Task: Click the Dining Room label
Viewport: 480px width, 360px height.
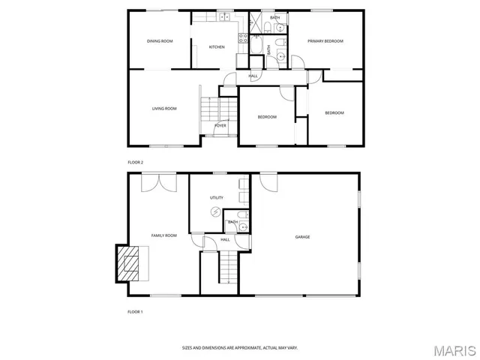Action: point(160,41)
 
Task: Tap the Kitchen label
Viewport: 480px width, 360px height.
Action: point(217,47)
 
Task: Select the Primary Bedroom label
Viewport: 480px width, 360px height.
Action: point(325,41)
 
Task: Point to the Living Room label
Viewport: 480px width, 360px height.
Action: point(164,109)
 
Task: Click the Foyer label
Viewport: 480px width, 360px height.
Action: point(220,125)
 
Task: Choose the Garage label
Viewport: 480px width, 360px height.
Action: point(302,237)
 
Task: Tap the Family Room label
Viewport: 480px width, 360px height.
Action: point(163,235)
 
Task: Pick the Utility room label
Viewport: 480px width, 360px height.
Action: point(217,197)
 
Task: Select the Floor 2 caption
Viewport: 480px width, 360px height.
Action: point(135,162)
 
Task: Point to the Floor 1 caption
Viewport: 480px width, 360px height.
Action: point(135,310)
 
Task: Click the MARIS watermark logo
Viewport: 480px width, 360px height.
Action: point(454,350)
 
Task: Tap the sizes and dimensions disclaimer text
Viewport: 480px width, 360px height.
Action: point(240,347)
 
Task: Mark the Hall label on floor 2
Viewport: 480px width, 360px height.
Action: point(253,76)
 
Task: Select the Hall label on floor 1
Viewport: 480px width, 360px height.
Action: point(224,239)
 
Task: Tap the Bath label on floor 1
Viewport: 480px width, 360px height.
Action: point(233,222)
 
